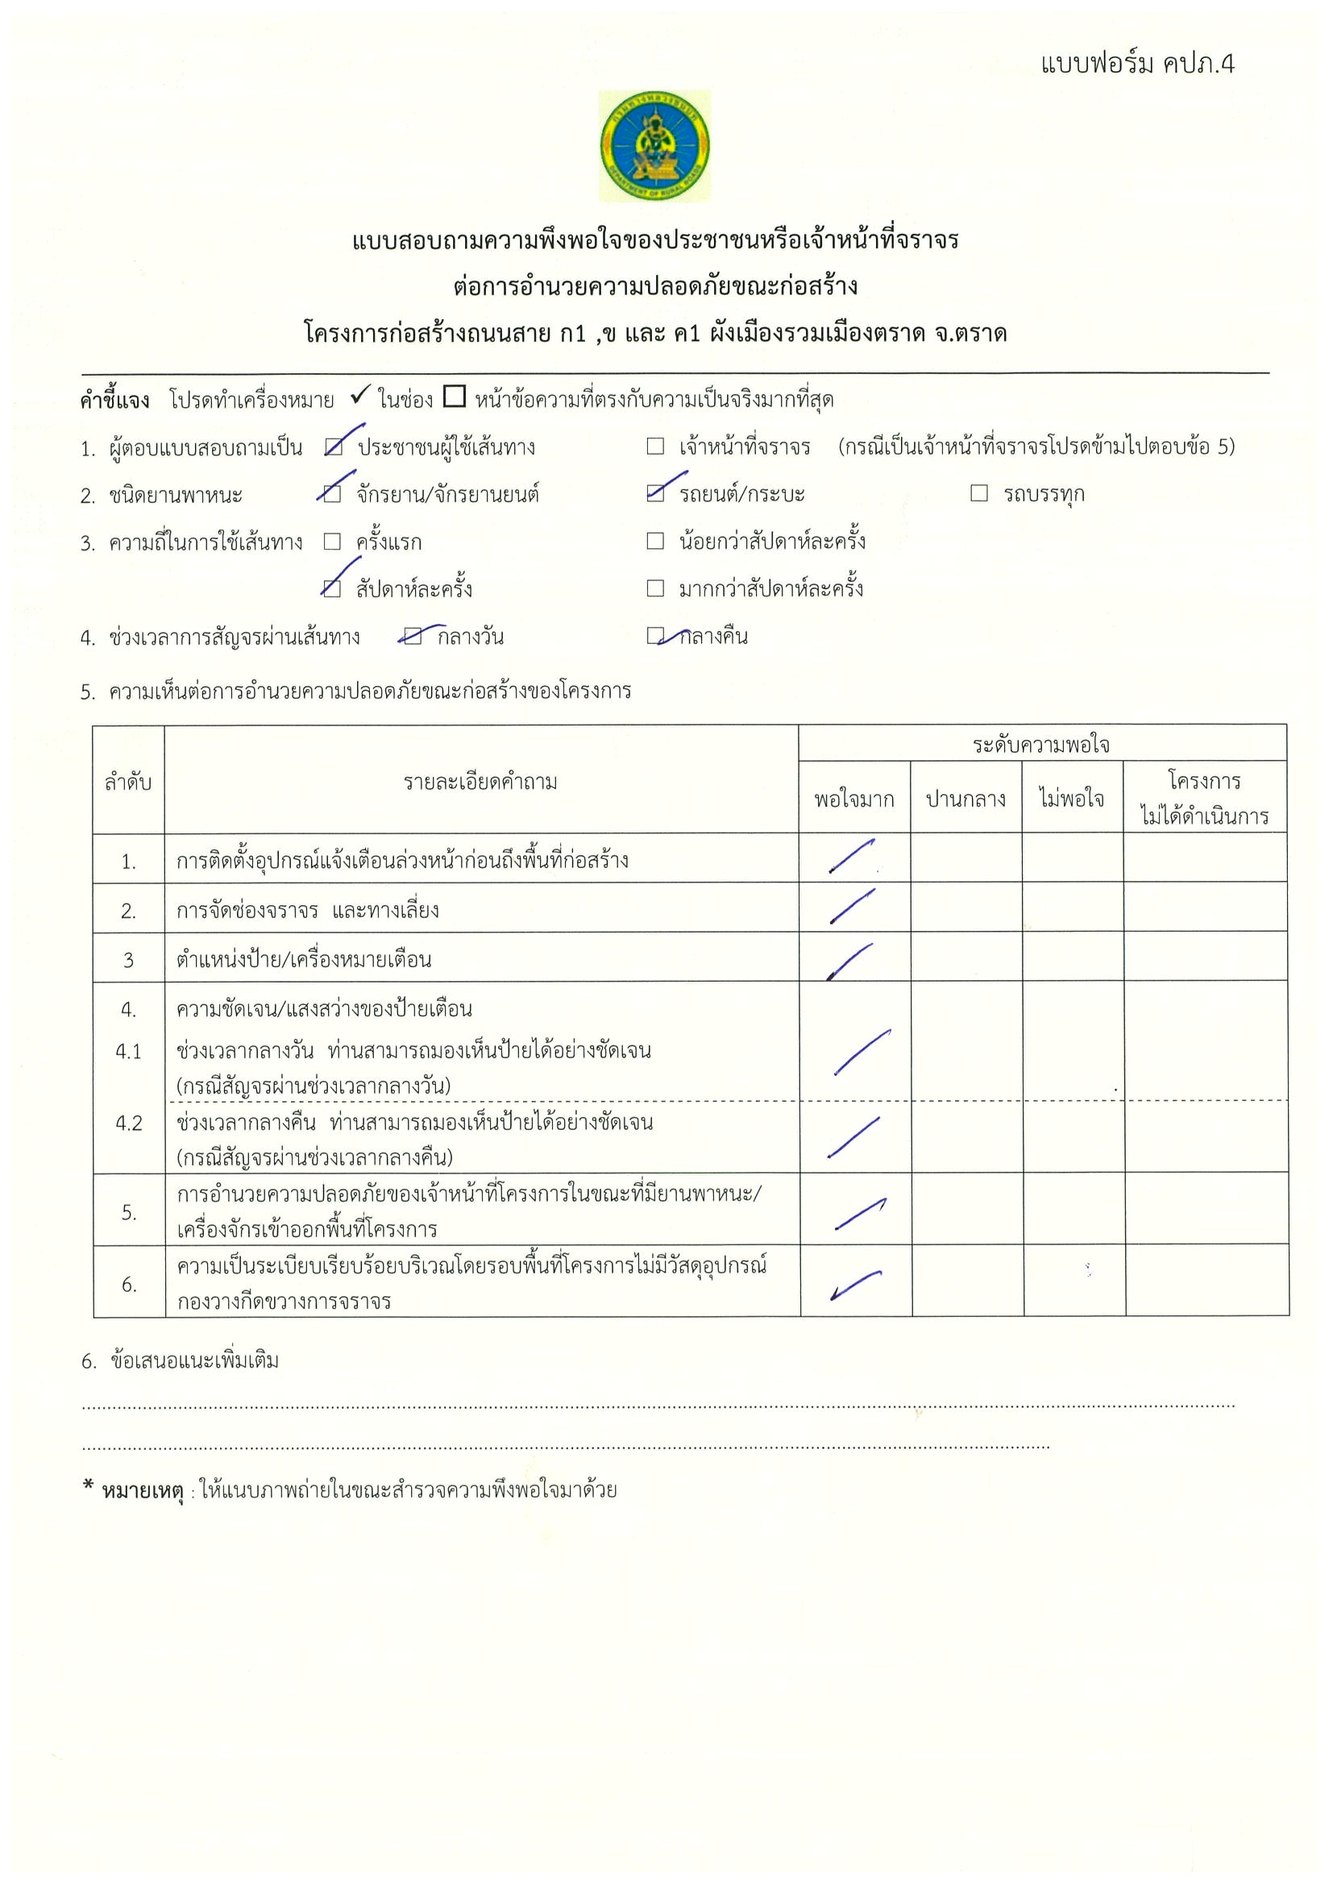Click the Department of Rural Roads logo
(x=654, y=146)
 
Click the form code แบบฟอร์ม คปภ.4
(x=1136, y=64)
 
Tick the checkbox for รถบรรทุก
(x=979, y=492)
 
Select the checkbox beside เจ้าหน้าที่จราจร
(x=654, y=446)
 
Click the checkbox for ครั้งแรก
(x=332, y=542)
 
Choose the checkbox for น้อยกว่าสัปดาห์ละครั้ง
(x=654, y=541)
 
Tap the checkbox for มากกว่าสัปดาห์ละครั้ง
(x=654, y=588)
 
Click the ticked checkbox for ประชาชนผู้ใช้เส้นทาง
(x=334, y=447)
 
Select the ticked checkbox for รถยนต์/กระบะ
(x=654, y=492)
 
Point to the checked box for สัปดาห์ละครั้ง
(x=332, y=588)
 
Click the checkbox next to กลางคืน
(x=654, y=635)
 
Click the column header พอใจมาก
(x=853, y=799)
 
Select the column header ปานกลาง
(x=965, y=799)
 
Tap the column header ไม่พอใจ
(x=1071, y=799)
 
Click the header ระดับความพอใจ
(x=1040, y=744)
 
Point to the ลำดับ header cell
(x=128, y=782)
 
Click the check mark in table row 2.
(x=852, y=907)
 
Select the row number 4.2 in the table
(x=128, y=1124)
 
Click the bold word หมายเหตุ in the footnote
(x=142, y=1490)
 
